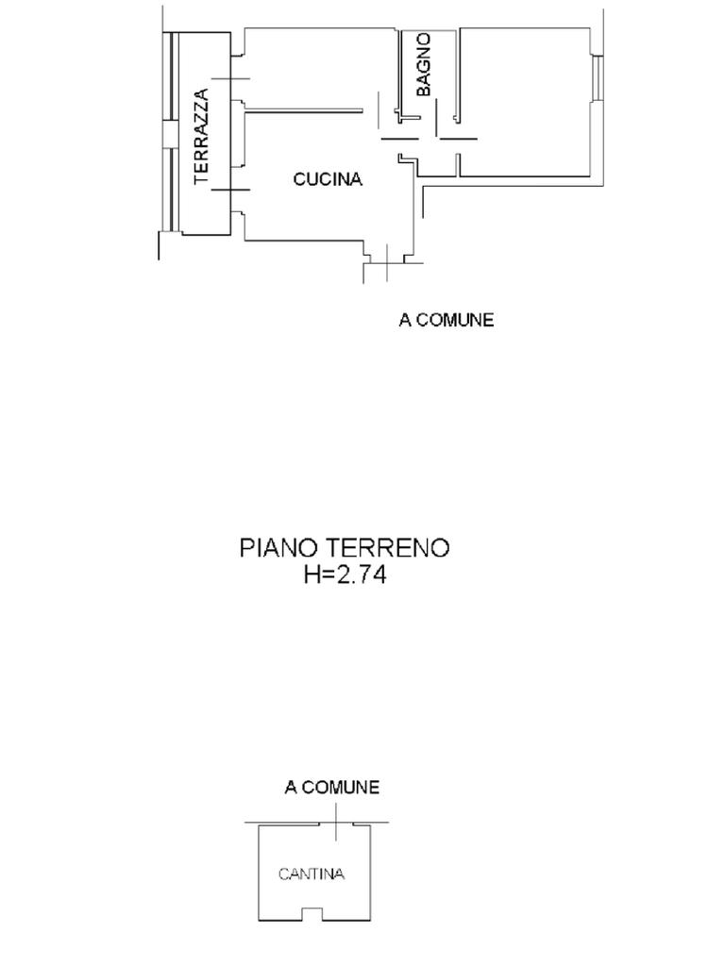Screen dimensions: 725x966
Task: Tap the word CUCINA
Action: [x=328, y=179]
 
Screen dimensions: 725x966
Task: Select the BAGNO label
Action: [x=424, y=64]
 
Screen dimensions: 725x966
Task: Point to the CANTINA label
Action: [x=312, y=874]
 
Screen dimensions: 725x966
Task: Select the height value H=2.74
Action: [x=345, y=575]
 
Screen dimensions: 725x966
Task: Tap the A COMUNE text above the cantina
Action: [x=332, y=787]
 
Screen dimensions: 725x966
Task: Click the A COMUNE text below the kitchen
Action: [x=446, y=320]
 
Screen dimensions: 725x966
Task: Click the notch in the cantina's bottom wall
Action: [x=311, y=914]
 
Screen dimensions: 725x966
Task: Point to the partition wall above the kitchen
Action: [x=303, y=110]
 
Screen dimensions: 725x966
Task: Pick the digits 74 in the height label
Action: [x=372, y=575]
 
